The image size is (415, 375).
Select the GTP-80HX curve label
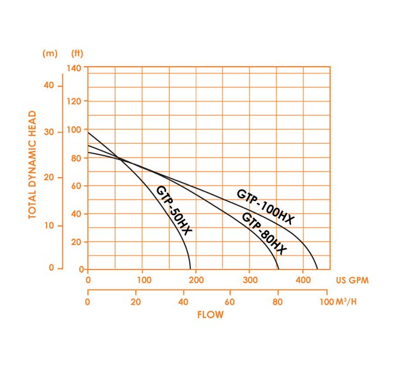point(264,234)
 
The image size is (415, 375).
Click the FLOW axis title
point(210,314)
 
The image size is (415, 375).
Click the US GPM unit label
point(352,279)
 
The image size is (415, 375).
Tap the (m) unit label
point(50,54)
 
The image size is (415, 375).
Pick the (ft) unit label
point(77,54)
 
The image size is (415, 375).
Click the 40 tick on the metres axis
point(49,85)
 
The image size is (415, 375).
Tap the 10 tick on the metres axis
point(49,226)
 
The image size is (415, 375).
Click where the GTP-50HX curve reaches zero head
point(190,268)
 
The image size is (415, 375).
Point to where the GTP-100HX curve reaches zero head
point(317,268)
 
